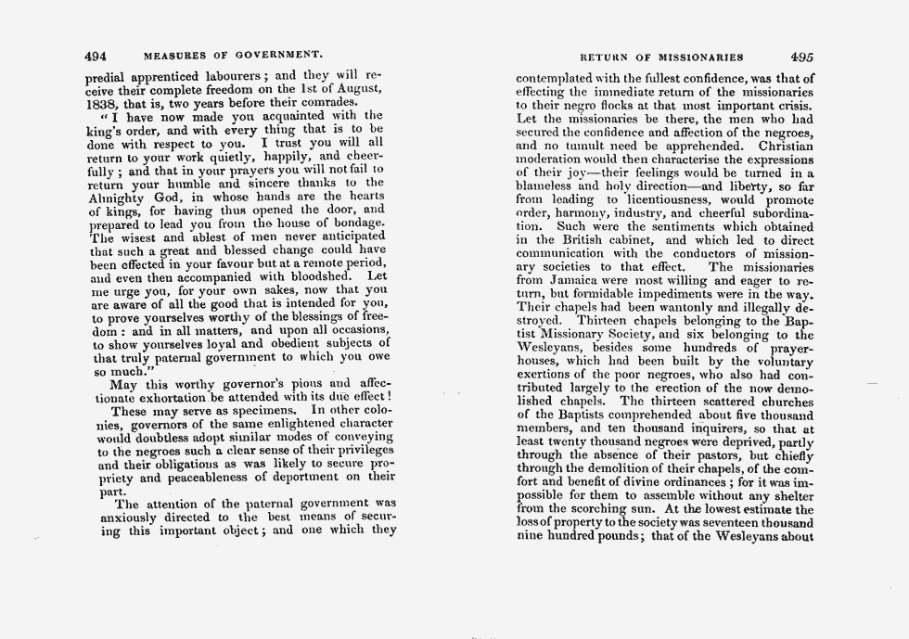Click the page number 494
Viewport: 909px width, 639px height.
pyautogui.click(x=96, y=55)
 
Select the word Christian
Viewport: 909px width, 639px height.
pyautogui.click(x=786, y=146)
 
